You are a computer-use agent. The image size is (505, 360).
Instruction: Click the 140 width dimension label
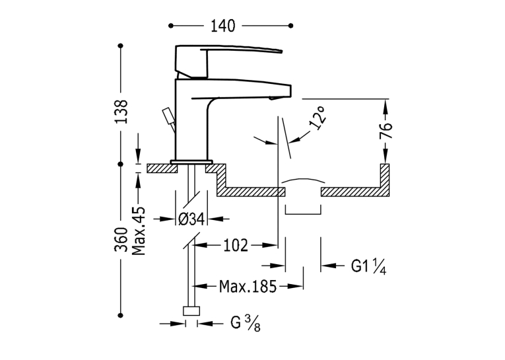[x=223, y=26]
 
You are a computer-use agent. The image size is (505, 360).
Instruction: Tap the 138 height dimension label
[x=121, y=112]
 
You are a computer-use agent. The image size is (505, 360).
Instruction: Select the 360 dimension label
[x=121, y=240]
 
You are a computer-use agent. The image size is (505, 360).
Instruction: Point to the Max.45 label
[x=139, y=231]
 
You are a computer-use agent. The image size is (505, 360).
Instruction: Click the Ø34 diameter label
[x=191, y=219]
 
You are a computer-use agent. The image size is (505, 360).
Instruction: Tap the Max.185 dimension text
[x=248, y=286]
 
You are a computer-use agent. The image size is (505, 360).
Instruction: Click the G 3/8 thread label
[x=246, y=323]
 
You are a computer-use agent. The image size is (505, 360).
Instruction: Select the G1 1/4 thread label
[x=368, y=267]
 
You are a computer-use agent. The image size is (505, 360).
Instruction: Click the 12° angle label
[x=318, y=118]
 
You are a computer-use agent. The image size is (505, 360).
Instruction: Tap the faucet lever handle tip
[x=281, y=51]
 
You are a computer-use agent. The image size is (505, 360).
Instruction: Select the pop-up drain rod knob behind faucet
[x=168, y=116]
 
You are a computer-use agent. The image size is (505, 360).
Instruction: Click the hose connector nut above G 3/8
[x=191, y=311]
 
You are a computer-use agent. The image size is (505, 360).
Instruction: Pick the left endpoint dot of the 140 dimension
[x=171, y=26]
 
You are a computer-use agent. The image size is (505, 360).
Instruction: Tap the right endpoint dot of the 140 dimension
[x=291, y=26]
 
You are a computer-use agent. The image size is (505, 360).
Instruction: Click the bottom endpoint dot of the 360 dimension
[x=121, y=315]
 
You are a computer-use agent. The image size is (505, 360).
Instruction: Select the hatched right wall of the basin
[x=385, y=180]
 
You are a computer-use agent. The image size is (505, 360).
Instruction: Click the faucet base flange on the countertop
[x=191, y=162]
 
